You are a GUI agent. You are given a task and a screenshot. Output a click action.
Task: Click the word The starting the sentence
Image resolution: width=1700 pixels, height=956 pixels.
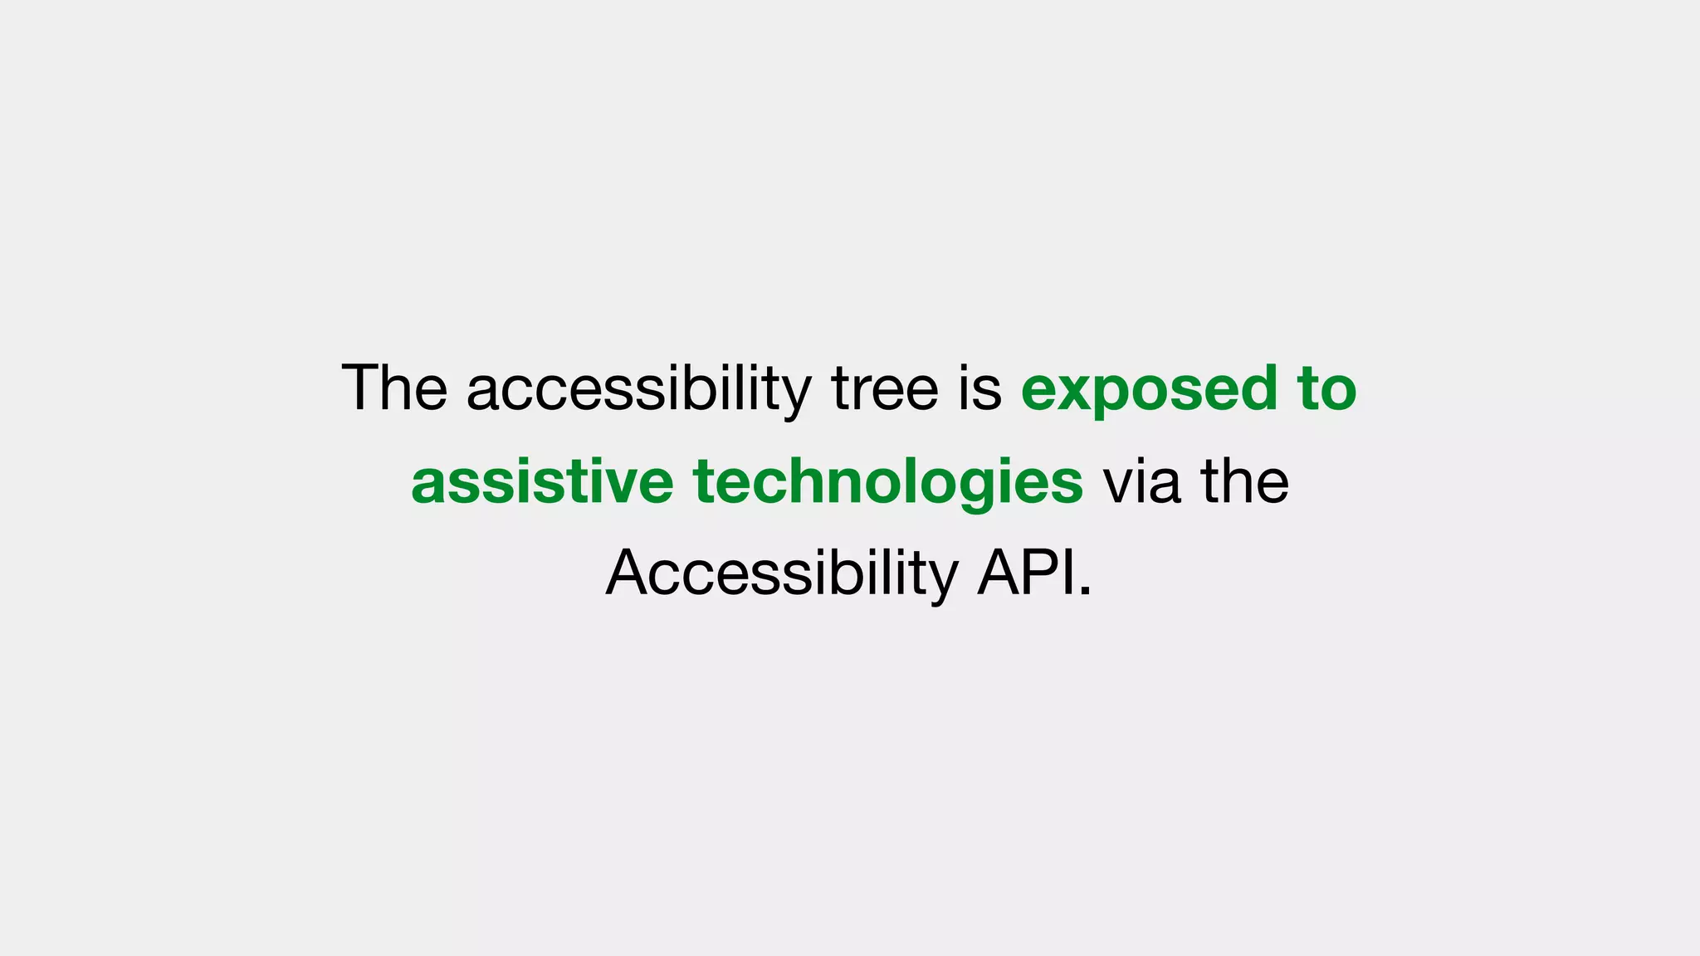394,388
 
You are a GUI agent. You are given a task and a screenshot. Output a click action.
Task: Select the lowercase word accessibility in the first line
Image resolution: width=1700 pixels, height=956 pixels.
638,388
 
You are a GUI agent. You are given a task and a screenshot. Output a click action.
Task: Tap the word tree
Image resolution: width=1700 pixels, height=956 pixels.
885,388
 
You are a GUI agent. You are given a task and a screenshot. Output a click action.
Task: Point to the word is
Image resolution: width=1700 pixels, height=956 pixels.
980,388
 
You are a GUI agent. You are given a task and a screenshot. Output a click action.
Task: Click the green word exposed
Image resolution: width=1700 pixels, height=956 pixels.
1149,388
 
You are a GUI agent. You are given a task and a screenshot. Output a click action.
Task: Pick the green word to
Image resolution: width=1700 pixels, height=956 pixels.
1326,388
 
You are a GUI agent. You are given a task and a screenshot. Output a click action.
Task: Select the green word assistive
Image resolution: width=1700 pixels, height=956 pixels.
542,481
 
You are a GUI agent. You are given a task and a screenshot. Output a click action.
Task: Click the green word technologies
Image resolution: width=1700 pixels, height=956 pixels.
888,481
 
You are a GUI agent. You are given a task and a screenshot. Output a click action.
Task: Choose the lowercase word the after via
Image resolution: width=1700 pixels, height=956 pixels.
1244,481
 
